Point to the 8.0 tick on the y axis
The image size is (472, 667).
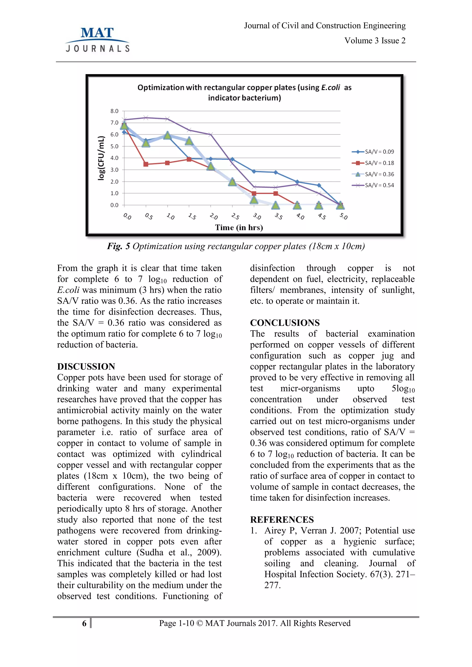(x=114, y=111)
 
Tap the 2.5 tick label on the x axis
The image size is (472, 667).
(x=235, y=216)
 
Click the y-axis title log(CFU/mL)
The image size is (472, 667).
(x=101, y=158)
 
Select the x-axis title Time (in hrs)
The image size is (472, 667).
(x=239, y=228)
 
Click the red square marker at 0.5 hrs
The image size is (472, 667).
(x=146, y=164)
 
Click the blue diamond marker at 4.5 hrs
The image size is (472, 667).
(x=319, y=185)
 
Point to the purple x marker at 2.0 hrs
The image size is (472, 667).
(x=211, y=134)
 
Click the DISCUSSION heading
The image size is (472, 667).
(x=86, y=366)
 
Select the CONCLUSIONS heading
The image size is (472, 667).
(x=285, y=323)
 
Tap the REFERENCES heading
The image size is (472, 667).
(x=282, y=519)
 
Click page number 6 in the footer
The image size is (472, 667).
(x=84, y=623)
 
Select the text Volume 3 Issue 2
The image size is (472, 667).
(x=375, y=41)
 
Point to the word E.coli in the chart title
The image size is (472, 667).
(x=330, y=88)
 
